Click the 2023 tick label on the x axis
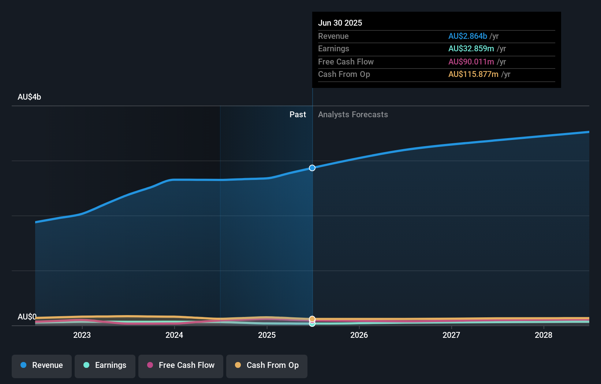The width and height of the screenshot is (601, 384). [x=82, y=335]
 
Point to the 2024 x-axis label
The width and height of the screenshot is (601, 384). [x=174, y=335]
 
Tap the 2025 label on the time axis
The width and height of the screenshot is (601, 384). [x=267, y=335]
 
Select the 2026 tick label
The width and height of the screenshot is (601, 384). [x=359, y=335]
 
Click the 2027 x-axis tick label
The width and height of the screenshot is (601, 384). [x=451, y=335]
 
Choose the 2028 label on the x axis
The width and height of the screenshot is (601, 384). [x=544, y=335]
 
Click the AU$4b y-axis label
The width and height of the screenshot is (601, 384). [x=29, y=97]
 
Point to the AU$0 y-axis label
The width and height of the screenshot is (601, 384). [x=27, y=317]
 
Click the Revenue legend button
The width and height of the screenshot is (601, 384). [x=42, y=365]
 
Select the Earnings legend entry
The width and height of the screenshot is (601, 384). [x=105, y=365]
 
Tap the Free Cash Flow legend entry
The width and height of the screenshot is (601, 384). [x=181, y=365]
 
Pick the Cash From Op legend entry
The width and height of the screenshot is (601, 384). [x=267, y=365]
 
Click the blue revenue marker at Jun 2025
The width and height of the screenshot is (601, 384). [x=312, y=168]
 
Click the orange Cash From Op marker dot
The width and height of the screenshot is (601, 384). [x=312, y=319]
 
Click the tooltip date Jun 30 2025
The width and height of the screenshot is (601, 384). [x=340, y=23]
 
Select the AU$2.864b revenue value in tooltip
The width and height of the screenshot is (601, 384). [x=467, y=36]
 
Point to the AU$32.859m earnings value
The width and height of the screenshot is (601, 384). [x=471, y=48]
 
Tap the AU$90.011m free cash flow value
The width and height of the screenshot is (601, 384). [x=471, y=62]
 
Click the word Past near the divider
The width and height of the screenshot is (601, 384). [x=298, y=114]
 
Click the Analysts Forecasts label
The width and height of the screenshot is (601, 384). [x=353, y=114]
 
